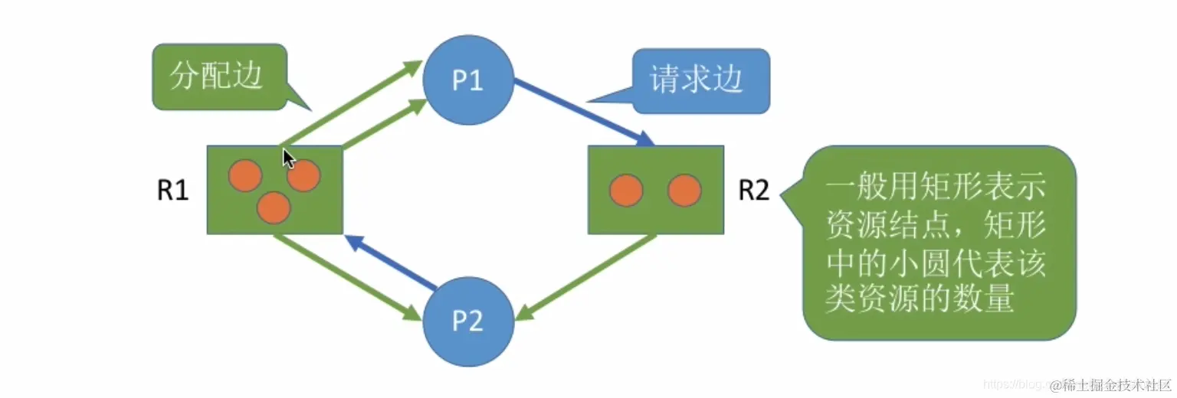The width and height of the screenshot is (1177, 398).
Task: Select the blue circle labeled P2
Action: coord(467,321)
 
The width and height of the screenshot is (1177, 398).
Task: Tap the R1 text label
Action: coord(173,190)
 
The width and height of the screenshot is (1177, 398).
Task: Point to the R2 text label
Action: coord(753,190)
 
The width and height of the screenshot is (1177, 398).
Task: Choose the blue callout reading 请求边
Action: coord(697,80)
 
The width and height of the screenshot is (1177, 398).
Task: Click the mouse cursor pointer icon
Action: coord(288,159)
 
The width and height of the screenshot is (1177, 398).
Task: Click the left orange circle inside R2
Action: coord(626,191)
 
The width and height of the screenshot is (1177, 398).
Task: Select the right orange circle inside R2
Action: coord(684,191)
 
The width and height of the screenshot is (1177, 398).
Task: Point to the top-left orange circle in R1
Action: coord(245,175)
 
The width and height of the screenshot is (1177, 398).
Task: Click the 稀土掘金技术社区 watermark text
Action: coord(1111,384)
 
